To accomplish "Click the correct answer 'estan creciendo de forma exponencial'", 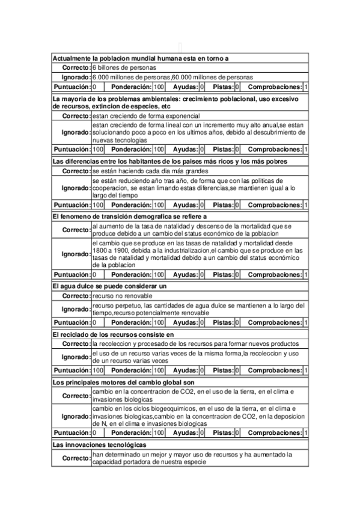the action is pos(146,115).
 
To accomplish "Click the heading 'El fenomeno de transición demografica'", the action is pos(130,217).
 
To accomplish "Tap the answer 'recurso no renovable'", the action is pos(123,296).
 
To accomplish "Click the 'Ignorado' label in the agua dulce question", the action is pos(76,310).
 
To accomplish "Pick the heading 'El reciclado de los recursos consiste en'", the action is pos(113,334).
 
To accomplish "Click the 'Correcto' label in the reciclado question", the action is pos(76,343).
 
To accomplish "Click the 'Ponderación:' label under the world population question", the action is pos(132,87).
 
